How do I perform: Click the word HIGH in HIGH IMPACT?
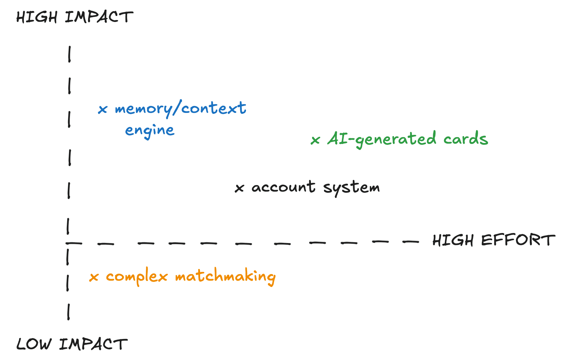[x=36, y=17]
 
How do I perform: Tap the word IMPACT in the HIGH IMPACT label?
[x=99, y=17]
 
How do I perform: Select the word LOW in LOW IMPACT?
[x=34, y=344]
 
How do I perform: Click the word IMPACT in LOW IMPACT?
[x=93, y=344]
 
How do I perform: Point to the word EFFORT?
[x=518, y=240]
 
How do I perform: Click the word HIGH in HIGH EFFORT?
[x=453, y=241]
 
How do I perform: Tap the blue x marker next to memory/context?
[x=103, y=109]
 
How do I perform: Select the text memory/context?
[x=180, y=109]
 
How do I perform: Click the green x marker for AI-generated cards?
[x=315, y=140]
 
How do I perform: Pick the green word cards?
[x=466, y=139]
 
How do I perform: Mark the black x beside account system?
[x=239, y=188]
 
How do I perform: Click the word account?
[x=283, y=187]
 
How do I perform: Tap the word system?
[x=351, y=188]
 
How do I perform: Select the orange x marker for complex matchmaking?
[x=94, y=277]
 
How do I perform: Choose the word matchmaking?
[x=225, y=277]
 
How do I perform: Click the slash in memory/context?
[x=177, y=109]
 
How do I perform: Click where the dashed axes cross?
[x=68, y=243]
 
